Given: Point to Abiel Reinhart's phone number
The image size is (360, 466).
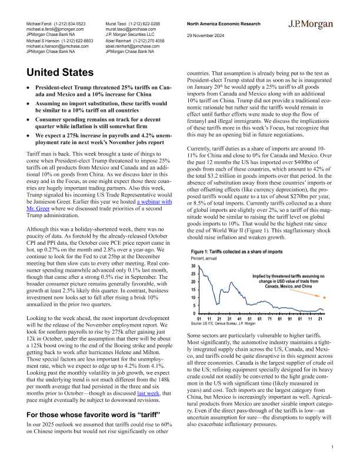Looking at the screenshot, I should pos(146,41).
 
